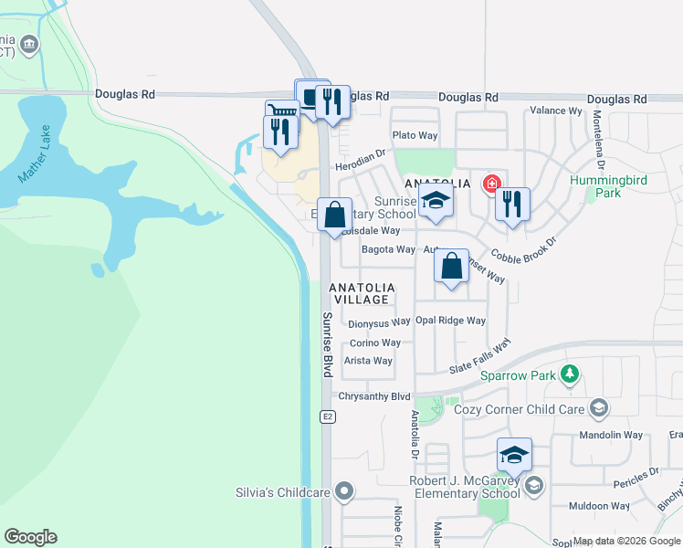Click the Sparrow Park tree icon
coord(571,374)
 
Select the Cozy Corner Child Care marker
coord(599,406)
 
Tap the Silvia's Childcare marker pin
coord(343,492)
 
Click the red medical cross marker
coord(492,184)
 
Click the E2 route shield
coord(326,416)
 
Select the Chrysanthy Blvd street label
coord(374,396)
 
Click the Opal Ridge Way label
coord(450,321)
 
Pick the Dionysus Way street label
coord(379,322)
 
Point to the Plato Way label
coord(415,136)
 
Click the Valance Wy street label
coord(556,111)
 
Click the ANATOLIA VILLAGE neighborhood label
coord(363,292)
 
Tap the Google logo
coord(30,537)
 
